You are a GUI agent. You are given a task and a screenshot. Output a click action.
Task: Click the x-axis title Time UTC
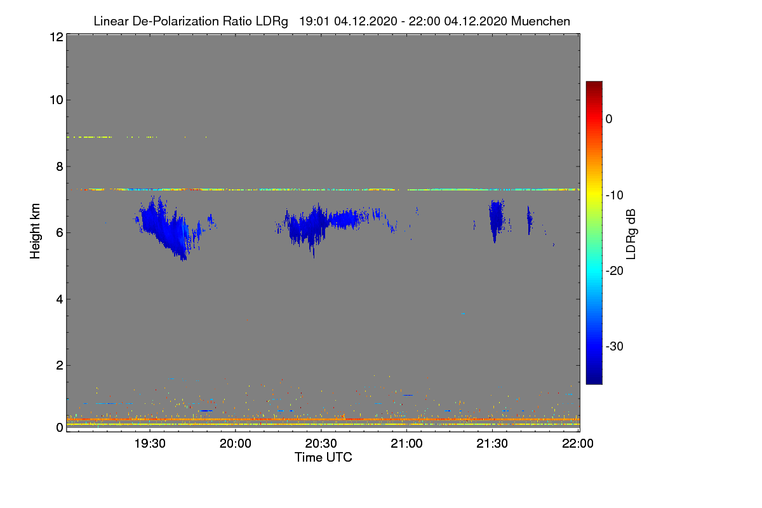(x=323, y=457)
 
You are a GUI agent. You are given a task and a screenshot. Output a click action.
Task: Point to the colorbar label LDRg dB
(x=631, y=232)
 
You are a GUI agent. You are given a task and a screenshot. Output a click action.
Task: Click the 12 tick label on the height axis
(x=56, y=37)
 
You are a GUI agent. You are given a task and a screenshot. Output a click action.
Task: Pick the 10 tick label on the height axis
(x=56, y=100)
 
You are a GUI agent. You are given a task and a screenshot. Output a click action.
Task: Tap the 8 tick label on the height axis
(x=59, y=166)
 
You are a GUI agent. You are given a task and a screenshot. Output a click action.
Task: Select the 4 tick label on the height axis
(x=59, y=299)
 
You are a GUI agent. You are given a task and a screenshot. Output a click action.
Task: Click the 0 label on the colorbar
(x=609, y=119)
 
